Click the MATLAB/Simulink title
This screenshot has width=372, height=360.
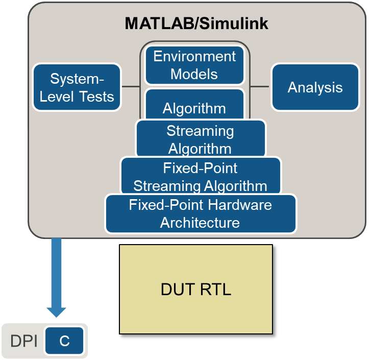coord(196,23)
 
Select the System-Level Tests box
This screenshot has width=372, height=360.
coord(77,87)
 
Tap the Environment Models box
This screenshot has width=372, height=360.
coord(194,65)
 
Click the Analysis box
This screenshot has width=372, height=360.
coord(315,87)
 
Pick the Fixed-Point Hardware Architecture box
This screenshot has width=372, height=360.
coord(201,214)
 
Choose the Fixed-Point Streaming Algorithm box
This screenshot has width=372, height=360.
coord(201,176)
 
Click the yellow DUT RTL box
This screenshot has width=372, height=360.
coord(196,289)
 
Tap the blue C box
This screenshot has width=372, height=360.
coord(64,341)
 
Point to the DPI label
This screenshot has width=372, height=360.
coord(23,341)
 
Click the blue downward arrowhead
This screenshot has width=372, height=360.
coord(57,312)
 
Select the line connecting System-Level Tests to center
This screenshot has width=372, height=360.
coord(131,86)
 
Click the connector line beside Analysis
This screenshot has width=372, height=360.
coord(260,86)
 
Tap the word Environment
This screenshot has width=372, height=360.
coord(194,56)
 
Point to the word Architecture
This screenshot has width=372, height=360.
coord(200,223)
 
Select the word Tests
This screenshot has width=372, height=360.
coord(96,97)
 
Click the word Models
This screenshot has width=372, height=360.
coord(194,74)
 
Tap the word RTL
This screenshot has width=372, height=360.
coord(216,289)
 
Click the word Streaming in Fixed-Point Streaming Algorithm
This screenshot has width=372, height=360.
coord(167,186)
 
